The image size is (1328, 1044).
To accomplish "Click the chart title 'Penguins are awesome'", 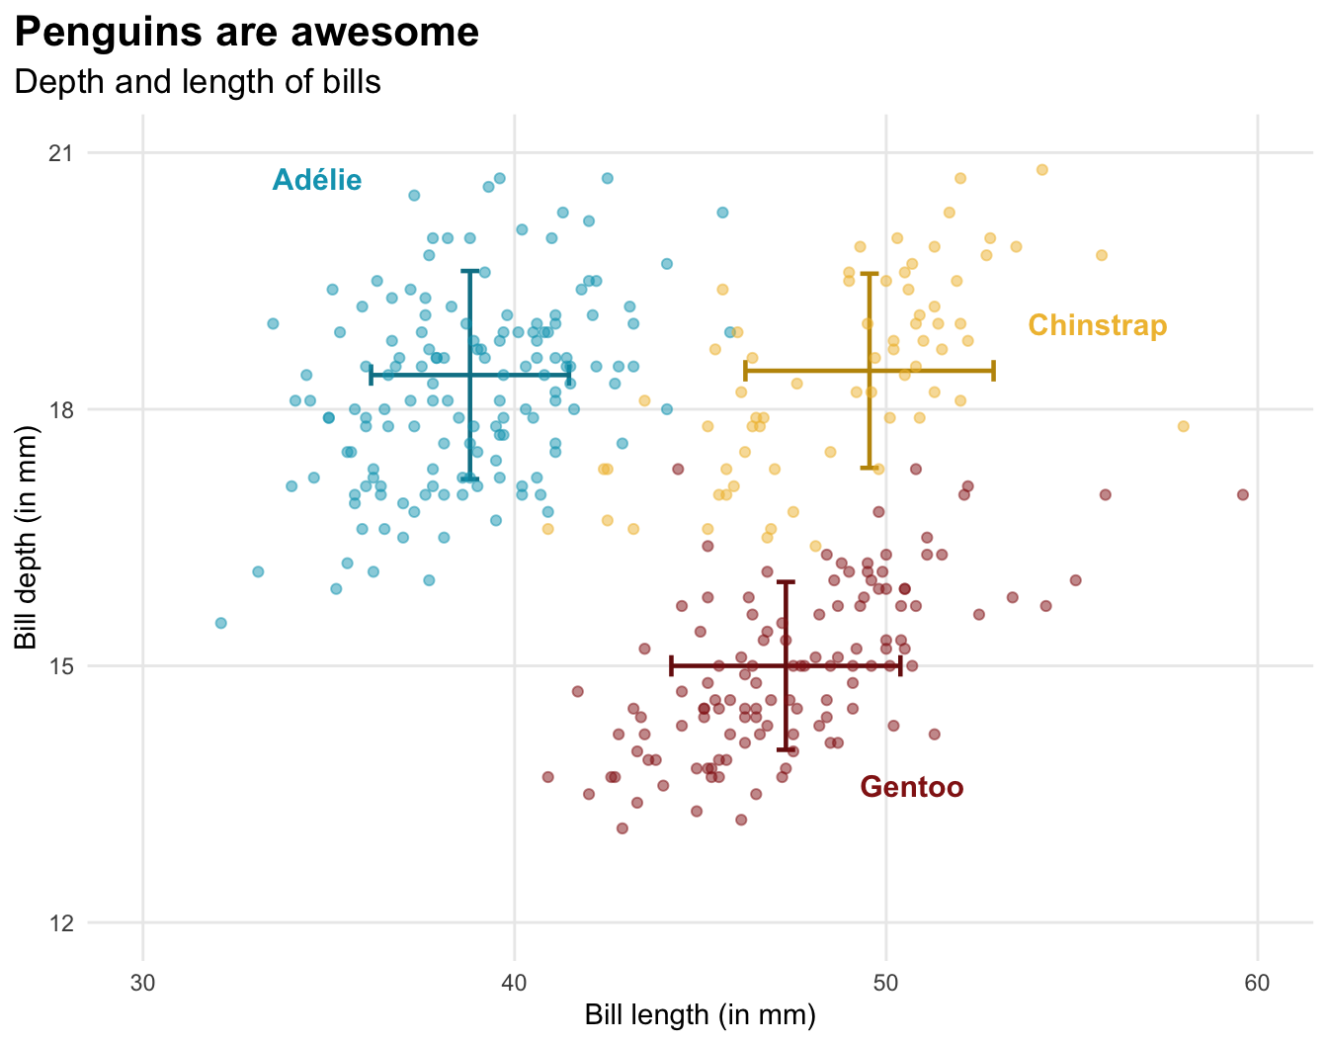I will [247, 33].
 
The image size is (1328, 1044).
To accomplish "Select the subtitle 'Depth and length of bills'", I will [198, 81].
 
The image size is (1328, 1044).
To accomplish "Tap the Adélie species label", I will [317, 180].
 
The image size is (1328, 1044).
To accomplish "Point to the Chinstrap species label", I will [1097, 325].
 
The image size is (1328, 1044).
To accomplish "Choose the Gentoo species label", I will [911, 787].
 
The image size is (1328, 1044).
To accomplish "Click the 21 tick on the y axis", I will [61, 153].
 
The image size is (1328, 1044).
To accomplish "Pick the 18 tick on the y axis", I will [61, 409].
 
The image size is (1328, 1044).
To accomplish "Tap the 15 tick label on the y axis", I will [61, 665].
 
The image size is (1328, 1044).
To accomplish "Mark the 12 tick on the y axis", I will [61, 922].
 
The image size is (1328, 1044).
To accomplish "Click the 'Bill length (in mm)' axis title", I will [700, 1015].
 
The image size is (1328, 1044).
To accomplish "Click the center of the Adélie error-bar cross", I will [470, 375].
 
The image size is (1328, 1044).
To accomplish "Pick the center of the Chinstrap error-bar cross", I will [870, 371].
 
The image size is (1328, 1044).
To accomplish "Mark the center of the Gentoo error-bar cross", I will [787, 665].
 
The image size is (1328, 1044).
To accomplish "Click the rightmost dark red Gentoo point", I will [1243, 494].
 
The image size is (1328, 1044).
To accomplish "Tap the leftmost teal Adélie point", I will [221, 623].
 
